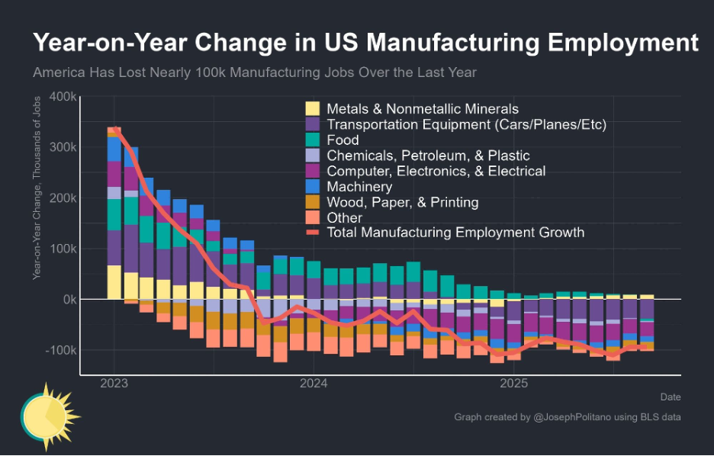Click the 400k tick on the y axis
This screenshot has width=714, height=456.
point(60,97)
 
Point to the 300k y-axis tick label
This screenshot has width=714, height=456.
point(60,147)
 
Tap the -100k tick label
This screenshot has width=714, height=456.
point(58,350)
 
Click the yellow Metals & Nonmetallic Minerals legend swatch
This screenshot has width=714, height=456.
point(312,109)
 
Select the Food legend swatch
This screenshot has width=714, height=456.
point(312,140)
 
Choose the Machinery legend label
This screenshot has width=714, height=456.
point(359,187)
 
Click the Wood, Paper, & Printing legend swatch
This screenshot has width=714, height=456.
point(312,202)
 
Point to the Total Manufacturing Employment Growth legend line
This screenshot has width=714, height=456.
point(312,233)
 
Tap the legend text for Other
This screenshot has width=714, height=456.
point(344,218)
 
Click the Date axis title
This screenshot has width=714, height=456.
point(670,397)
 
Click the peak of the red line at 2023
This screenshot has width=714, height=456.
point(114,128)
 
